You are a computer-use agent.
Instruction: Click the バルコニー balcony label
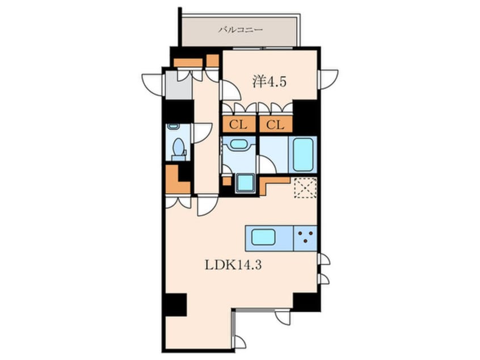(x=241, y=30)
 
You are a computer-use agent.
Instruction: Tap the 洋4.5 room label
(x=270, y=82)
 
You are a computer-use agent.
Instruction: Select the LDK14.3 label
(x=233, y=265)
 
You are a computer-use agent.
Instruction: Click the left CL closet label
(x=238, y=125)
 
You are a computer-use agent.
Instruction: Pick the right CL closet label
(x=275, y=125)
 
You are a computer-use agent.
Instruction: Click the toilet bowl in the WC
(x=178, y=147)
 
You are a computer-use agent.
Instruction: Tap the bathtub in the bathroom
(x=303, y=154)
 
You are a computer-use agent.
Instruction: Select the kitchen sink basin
(x=263, y=237)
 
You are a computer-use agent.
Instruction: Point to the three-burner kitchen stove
(x=305, y=238)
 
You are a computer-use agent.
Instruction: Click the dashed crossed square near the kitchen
(x=305, y=187)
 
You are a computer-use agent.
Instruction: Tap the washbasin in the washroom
(x=239, y=144)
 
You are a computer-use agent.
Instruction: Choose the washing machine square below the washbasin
(x=245, y=183)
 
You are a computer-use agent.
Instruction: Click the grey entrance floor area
(x=179, y=85)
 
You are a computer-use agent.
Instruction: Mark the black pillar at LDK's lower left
(x=175, y=304)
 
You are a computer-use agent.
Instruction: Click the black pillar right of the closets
(x=305, y=118)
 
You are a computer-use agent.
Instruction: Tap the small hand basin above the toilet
(x=174, y=126)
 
